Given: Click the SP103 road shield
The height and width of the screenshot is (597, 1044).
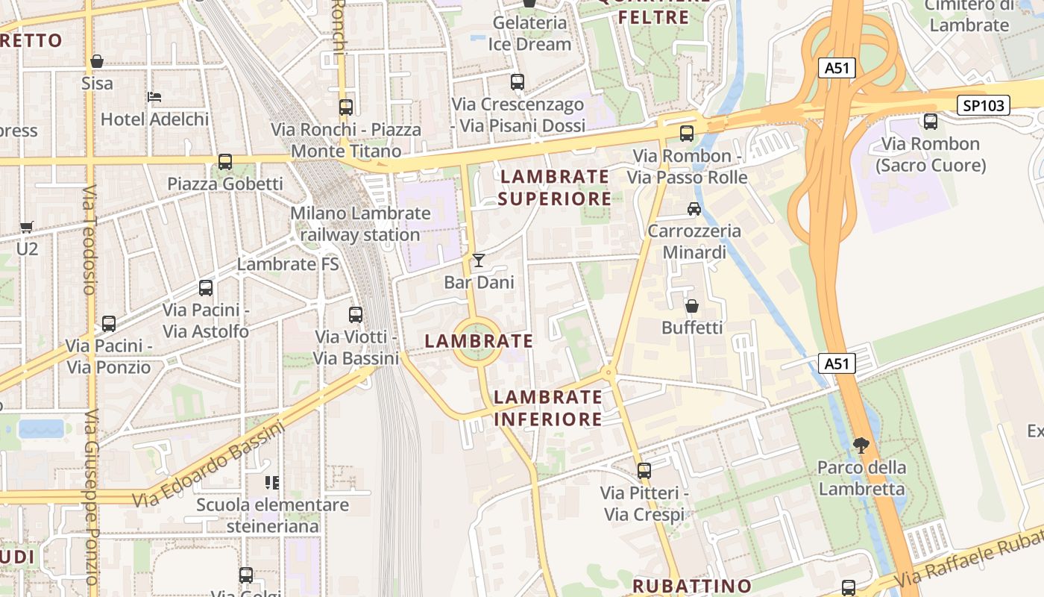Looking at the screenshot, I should click(984, 105).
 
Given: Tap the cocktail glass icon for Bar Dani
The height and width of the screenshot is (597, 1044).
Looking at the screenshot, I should click(479, 260).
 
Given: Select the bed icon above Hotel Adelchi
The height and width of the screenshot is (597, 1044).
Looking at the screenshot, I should click(154, 97).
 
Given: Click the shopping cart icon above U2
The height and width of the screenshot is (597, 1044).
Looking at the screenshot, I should click(27, 227).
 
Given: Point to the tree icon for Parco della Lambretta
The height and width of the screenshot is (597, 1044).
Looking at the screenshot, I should click(861, 446).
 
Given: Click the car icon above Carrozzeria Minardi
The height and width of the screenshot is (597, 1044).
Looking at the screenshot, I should click(694, 209).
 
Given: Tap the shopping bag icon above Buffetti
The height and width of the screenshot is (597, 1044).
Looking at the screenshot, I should click(692, 306).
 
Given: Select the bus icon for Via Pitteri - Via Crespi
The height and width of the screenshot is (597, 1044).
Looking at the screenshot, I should click(644, 471).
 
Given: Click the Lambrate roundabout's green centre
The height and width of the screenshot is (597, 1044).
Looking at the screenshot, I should click(477, 343).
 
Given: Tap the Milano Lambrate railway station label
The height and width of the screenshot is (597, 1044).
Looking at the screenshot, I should click(360, 224).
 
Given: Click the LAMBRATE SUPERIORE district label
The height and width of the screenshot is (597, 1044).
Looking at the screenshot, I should click(555, 187).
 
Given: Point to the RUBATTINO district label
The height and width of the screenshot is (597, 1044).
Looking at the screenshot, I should click(692, 586).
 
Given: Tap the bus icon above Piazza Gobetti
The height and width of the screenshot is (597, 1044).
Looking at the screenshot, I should click(224, 161).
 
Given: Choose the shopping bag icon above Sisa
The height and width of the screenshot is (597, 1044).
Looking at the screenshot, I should click(97, 61).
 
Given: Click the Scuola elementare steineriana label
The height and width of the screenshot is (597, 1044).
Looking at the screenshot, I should click(272, 515).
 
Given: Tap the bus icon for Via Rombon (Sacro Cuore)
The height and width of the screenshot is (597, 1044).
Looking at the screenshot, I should click(931, 121).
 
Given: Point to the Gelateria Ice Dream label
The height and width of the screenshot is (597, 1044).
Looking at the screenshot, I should click(529, 34).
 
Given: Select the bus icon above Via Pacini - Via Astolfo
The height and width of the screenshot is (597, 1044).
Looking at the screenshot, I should click(206, 288).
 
